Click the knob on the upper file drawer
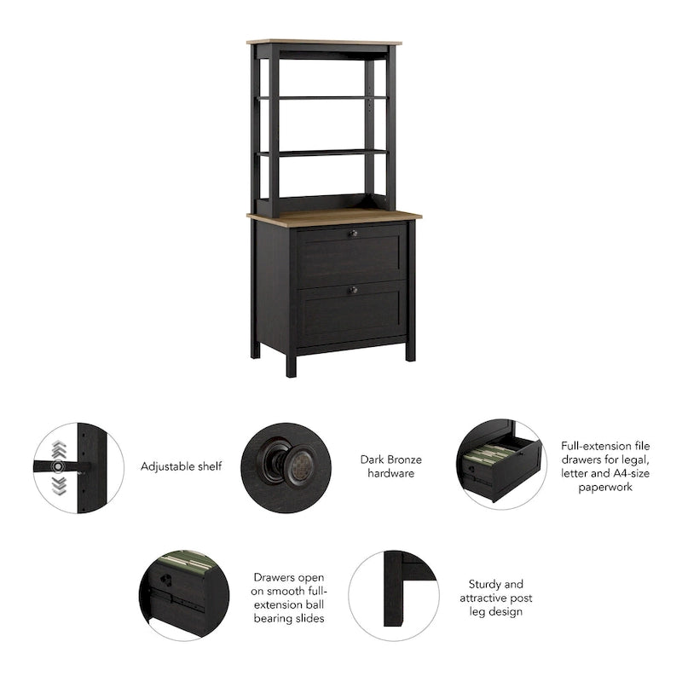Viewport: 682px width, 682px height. pyautogui.click(x=353, y=232)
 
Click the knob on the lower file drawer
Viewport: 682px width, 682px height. pyautogui.click(x=353, y=290)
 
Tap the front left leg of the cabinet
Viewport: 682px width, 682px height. pyautogui.click(x=291, y=362)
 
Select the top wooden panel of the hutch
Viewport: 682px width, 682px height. pyautogui.click(x=324, y=41)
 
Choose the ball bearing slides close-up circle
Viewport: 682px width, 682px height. pyautogui.click(x=185, y=594)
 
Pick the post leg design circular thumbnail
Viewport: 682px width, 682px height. pyautogui.click(x=393, y=595)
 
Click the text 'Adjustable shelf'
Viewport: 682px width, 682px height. pyautogui.click(x=181, y=466)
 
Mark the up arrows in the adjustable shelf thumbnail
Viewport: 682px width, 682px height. pyautogui.click(x=57, y=448)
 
